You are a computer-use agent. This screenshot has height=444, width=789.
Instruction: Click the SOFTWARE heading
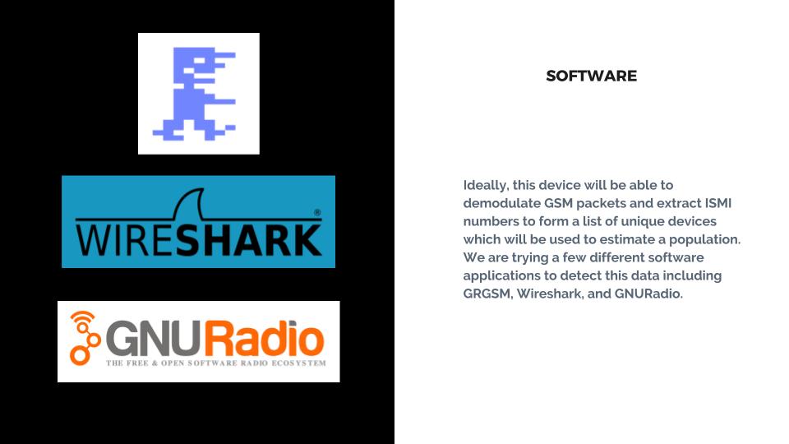[x=591, y=76]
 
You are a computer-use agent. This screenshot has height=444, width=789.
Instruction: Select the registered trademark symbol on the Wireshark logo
[x=317, y=212]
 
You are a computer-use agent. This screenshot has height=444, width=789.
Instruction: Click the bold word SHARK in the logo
[x=248, y=240]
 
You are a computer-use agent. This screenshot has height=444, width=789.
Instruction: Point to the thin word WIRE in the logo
[x=125, y=240]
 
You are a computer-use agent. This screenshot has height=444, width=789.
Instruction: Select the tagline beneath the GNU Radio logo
[x=216, y=363]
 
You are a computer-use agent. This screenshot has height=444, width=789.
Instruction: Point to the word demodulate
[x=501, y=203]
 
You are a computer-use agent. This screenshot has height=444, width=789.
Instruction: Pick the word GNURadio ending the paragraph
[x=648, y=294]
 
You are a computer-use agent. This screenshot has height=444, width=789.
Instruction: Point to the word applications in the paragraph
[x=501, y=276]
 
